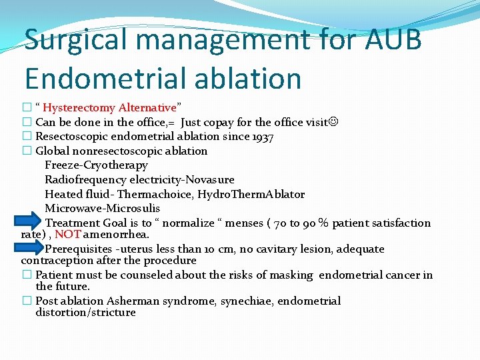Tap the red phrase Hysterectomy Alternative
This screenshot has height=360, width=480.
109,107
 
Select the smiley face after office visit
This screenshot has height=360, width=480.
333,122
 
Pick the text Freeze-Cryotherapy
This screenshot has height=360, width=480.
96,165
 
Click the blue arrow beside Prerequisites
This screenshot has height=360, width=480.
30,247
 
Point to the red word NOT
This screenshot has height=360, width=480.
68,234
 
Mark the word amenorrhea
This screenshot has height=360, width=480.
117,234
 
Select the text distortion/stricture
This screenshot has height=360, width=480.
85,312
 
